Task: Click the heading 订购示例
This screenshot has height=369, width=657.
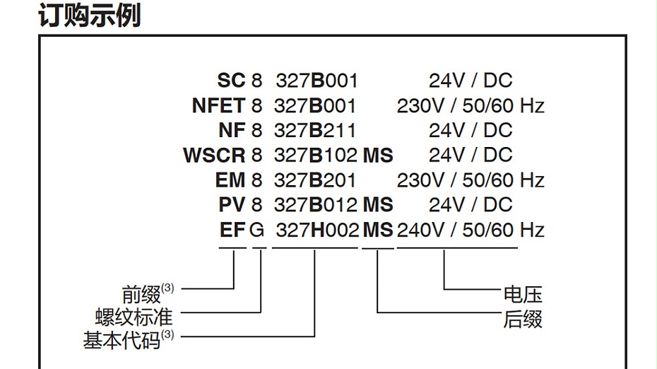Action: (89, 16)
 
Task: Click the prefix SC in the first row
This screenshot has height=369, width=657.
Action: (231, 81)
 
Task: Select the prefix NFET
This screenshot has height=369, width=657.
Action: (218, 106)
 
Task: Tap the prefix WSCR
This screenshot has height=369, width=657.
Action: (214, 156)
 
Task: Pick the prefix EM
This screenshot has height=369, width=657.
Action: (230, 180)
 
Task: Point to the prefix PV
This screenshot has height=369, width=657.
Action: (231, 205)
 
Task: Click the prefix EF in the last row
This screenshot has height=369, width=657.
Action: (232, 230)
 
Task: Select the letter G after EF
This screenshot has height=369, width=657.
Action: (258, 230)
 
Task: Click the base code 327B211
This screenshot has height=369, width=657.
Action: (315, 131)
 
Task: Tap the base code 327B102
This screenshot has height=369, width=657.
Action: (315, 156)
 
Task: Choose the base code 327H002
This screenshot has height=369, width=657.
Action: (316, 230)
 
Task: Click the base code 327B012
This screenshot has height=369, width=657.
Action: (315, 205)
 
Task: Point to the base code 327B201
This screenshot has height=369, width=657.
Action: (315, 180)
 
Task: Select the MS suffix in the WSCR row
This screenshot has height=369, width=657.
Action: (378, 156)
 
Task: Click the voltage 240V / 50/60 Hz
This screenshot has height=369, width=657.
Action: (470, 230)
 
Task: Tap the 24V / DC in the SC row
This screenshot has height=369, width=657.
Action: (470, 81)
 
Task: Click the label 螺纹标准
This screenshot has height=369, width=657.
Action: (134, 315)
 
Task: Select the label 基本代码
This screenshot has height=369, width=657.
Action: (122, 340)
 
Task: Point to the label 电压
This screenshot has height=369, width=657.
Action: (522, 294)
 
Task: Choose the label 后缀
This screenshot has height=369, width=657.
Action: (522, 319)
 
